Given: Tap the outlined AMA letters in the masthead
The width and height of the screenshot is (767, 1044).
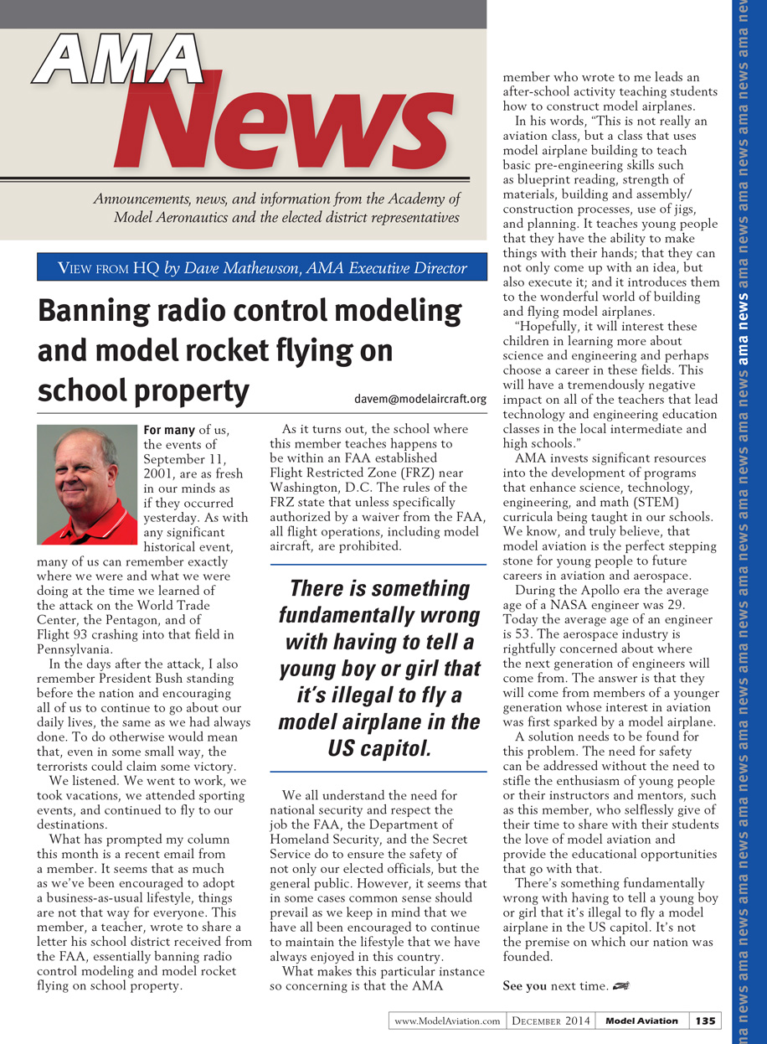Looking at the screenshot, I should point(118,63).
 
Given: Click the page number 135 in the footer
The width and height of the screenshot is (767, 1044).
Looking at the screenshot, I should point(705,1021).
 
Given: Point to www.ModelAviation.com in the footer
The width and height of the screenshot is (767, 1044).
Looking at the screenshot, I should point(447,1021).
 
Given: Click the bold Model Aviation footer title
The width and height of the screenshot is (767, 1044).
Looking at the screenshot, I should point(641,1021).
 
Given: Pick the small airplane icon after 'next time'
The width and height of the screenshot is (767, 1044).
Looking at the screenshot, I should point(620,986).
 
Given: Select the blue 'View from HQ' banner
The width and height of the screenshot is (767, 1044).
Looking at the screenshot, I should point(262,268).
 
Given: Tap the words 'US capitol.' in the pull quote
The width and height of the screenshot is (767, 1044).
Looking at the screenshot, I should point(379,748).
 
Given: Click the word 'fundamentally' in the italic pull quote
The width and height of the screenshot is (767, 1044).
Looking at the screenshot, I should point(379,616).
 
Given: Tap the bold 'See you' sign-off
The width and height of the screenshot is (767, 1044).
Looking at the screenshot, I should point(525,986).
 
